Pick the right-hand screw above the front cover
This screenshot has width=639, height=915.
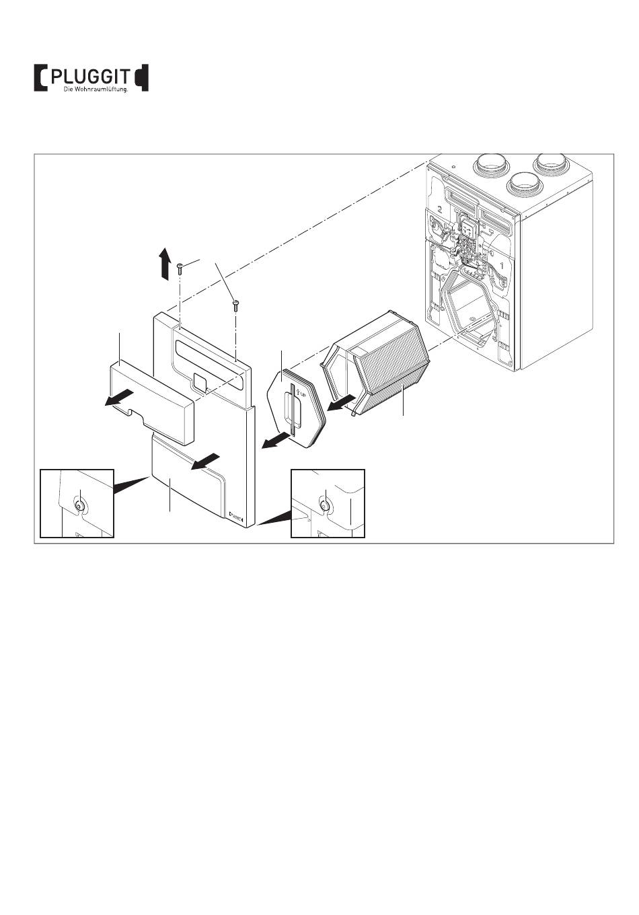(235, 305)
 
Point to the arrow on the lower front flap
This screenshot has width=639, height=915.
(204, 462)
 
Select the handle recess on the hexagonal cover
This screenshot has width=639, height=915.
(291, 410)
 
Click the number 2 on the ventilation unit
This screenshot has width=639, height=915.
(439, 209)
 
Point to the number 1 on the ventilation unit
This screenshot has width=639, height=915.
(500, 266)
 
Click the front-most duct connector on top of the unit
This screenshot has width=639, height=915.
(523, 180)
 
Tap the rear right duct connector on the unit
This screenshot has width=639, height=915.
(551, 164)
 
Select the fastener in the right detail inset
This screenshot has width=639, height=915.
(324, 505)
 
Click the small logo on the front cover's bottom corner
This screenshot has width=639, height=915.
(236, 517)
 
